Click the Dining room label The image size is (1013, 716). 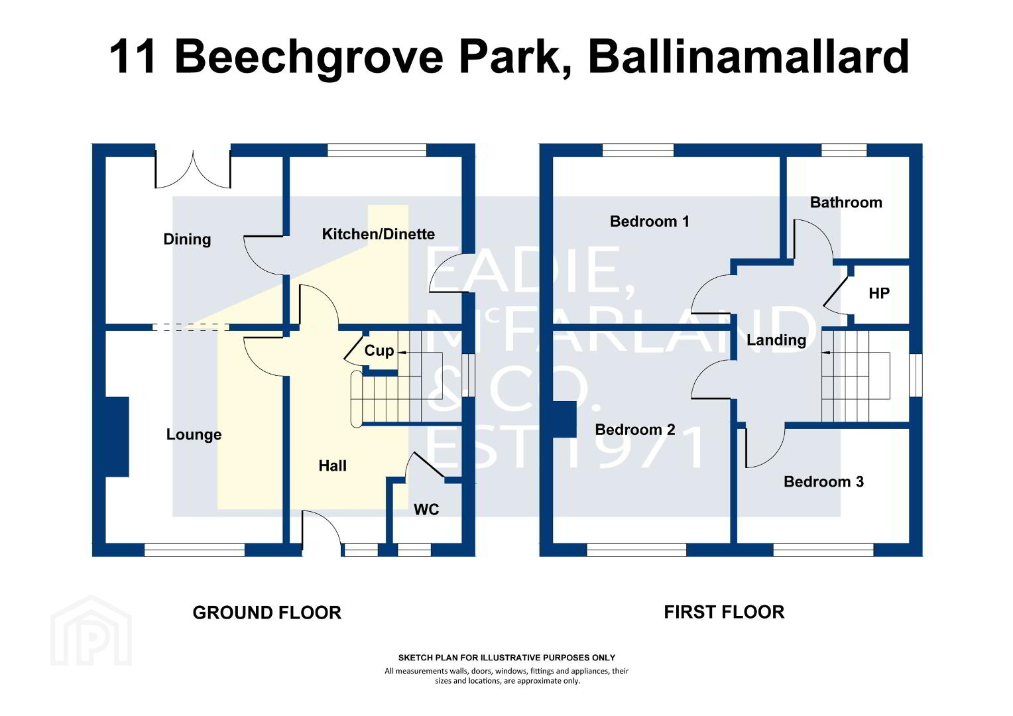coord(187,239)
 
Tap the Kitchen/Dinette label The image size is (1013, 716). coord(378,234)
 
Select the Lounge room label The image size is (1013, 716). coord(194,435)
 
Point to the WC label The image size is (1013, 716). coord(426,510)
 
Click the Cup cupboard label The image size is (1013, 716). coord(379,351)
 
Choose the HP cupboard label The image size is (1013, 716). coord(878,294)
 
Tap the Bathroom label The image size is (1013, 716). coord(846,202)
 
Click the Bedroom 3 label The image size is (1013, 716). coord(823,482)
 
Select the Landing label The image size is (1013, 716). coord(776,340)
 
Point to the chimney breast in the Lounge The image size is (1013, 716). coord(117,437)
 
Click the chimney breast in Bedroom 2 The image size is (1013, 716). coord(564,419)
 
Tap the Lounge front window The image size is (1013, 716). coord(194,550)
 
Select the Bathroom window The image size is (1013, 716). coord(844,150)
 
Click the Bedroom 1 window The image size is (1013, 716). coord(638,150)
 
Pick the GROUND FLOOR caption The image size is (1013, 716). coord(267,613)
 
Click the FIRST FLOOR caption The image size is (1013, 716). coord(724,612)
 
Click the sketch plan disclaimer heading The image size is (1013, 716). coord(506,658)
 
